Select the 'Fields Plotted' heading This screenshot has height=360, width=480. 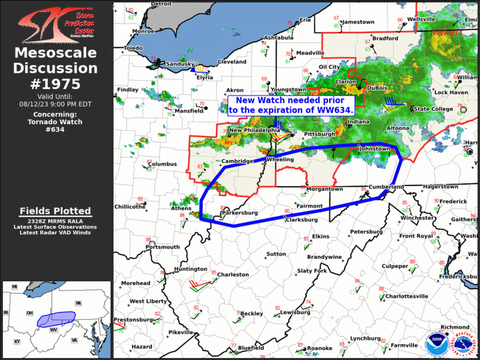pos(55,211)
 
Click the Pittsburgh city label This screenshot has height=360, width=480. pos(320,135)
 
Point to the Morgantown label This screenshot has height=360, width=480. pos(323,189)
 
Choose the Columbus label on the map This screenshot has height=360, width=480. pos(162,164)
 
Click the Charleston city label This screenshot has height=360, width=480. pos(233,275)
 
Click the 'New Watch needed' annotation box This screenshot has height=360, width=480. pos(291,105)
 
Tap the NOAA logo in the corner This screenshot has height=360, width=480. pos(435,342)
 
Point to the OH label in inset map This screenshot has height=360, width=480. pos(29,312)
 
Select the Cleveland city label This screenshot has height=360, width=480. pos(232,62)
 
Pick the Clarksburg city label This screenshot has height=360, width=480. pos(302,220)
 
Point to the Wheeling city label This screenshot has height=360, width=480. pos(280,160)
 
